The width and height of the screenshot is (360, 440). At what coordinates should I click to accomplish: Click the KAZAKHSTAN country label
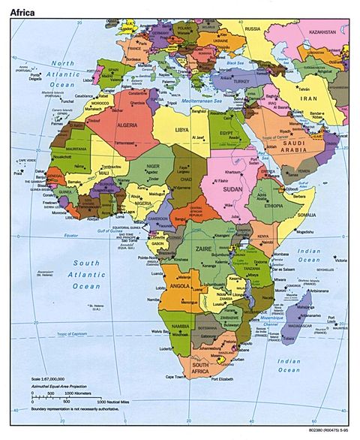[320, 33]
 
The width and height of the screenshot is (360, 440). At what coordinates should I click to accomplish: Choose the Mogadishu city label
[304, 232]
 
